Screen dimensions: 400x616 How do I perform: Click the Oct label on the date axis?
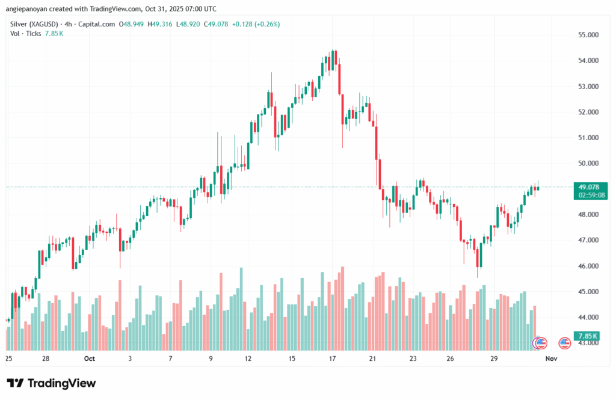click(x=90, y=359)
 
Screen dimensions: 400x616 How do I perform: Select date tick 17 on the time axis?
click(x=331, y=359)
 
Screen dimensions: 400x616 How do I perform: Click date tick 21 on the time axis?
click(x=372, y=359)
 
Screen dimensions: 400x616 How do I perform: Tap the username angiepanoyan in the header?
click(x=25, y=9)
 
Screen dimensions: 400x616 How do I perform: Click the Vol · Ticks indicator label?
click(x=25, y=33)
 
